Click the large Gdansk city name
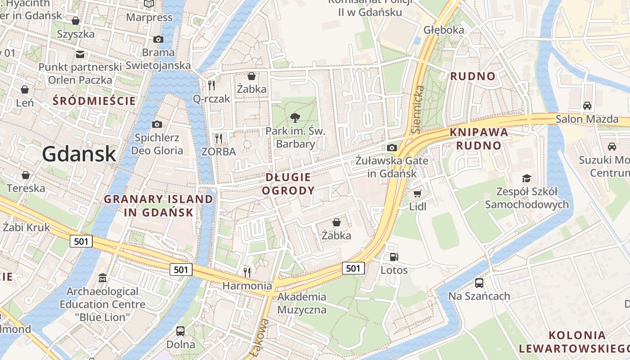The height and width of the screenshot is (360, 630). (79, 154)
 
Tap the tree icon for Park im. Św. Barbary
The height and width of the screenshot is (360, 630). (295, 118)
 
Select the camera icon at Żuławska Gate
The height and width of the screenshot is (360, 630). (392, 148)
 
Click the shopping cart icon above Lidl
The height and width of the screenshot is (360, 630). (417, 193)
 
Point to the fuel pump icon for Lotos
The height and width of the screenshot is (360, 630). (394, 257)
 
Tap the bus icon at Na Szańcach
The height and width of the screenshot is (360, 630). (479, 283)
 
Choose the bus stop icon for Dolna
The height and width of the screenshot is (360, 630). (180, 331)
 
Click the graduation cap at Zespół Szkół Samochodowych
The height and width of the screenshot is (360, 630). (526, 178)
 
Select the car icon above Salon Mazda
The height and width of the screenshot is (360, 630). (587, 106)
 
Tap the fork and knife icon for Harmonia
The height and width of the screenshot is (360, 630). (247, 272)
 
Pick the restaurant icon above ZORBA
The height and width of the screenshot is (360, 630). (219, 138)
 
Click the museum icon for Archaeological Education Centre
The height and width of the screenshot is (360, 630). (103, 278)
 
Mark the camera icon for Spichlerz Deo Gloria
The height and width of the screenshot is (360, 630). (157, 124)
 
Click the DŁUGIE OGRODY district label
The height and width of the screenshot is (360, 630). (288, 184)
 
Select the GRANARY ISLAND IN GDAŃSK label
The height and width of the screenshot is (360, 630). (158, 205)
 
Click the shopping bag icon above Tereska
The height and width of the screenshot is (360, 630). (26, 175)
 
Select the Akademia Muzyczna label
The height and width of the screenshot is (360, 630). (301, 303)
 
